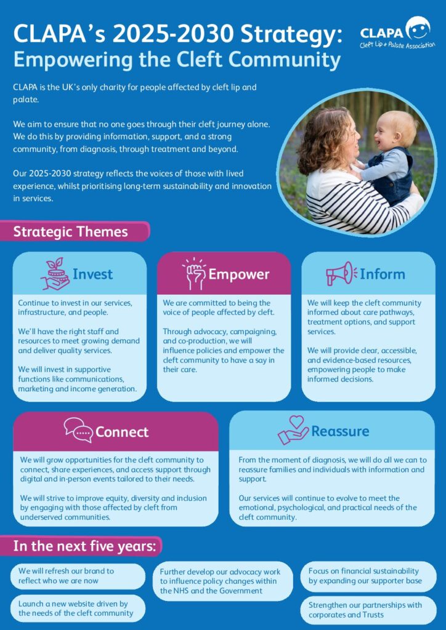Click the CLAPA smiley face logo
point(418,28)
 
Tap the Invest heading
point(92,274)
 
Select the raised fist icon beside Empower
point(194,274)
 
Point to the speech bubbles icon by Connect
point(78,430)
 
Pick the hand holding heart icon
point(293,430)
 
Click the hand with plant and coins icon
point(55,274)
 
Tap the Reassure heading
point(340,431)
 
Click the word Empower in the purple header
point(239,274)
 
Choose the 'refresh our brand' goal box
point(78,576)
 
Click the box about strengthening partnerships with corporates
point(368,610)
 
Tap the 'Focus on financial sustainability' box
point(368,576)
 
